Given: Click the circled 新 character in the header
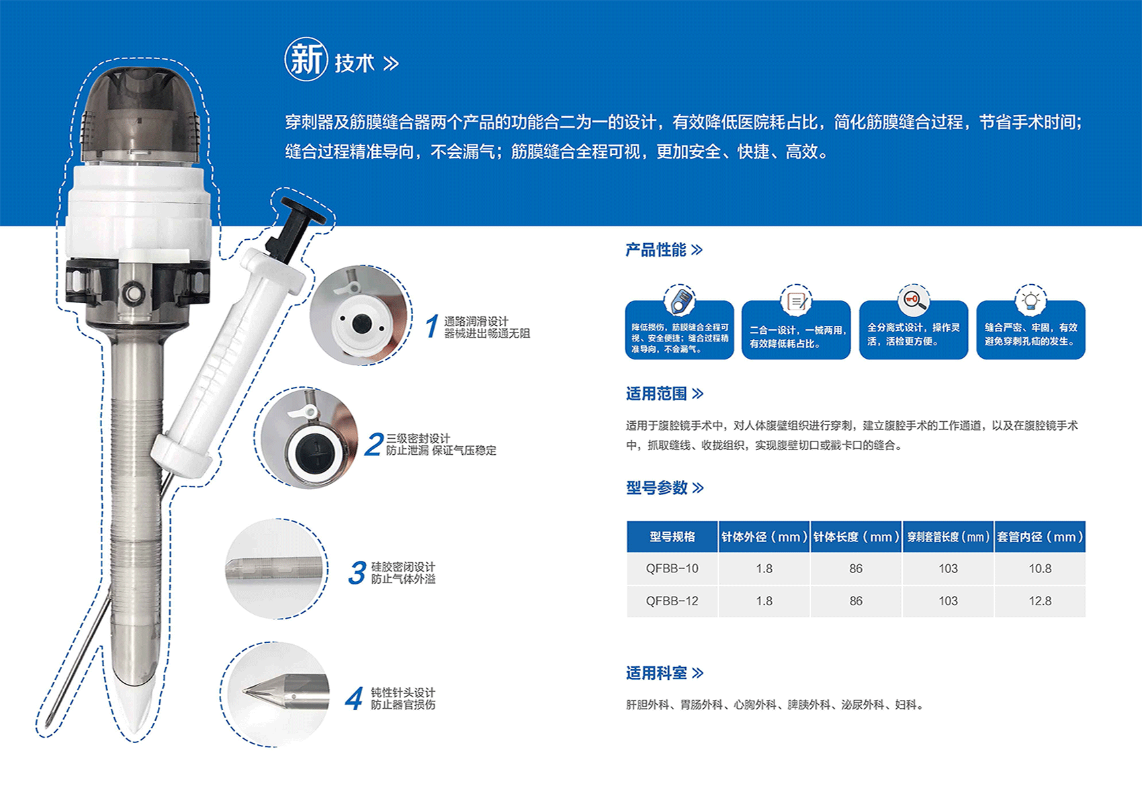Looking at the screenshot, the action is click(306, 60).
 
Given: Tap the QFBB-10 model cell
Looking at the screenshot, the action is click(672, 568).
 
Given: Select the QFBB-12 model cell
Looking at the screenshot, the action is click(672, 601).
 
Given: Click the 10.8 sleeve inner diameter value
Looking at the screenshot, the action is click(1039, 568).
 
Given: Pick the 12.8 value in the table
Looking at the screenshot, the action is click(1039, 601).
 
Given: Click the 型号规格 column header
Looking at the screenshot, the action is click(672, 537).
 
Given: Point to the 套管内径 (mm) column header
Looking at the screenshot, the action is click(1039, 537).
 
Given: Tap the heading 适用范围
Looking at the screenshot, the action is click(656, 394).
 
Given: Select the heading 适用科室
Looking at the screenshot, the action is click(656, 673).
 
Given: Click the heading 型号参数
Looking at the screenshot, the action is click(657, 488).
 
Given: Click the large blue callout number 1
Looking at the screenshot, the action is click(433, 326).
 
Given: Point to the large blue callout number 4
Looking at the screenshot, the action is click(354, 698).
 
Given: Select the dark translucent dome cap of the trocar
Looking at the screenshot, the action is click(139, 115).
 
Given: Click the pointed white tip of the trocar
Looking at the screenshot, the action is click(134, 709).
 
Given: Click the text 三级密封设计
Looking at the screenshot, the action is click(418, 439).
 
